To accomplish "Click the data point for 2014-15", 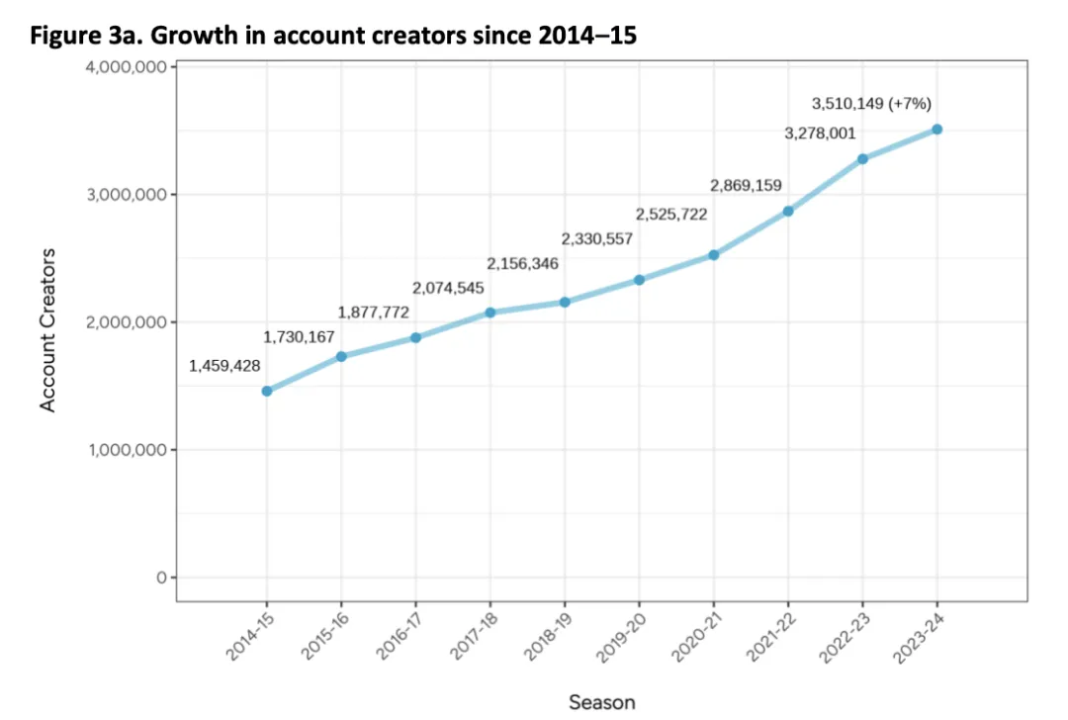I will click(x=267, y=391).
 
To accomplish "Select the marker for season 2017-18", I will click(x=490, y=313).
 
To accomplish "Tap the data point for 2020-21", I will click(x=713, y=255).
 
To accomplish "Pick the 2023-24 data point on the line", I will click(x=936, y=130).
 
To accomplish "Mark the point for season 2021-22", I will click(x=788, y=211).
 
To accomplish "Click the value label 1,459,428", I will click(x=224, y=366).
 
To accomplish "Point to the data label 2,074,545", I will click(x=448, y=288).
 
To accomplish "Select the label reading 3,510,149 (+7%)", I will click(x=871, y=103).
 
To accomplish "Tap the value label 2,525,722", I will click(x=671, y=214).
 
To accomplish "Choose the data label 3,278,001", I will click(x=820, y=134).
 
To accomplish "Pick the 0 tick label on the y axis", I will click(x=161, y=578).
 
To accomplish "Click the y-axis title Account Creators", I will click(x=47, y=329).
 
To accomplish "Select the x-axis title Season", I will click(x=602, y=702).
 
